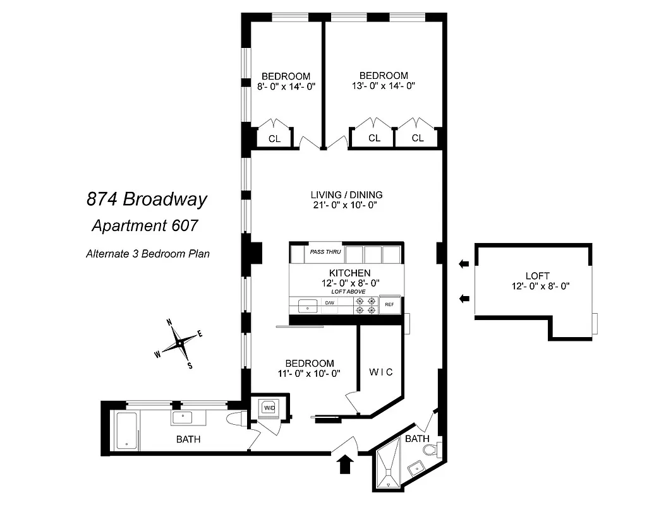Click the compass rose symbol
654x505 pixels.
[179, 343]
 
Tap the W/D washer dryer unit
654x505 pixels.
[269, 407]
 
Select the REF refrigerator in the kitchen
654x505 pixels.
[389, 305]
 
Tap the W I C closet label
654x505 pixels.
[380, 372]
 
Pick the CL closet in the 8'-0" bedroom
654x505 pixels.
[274, 138]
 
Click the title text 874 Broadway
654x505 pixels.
[147, 200]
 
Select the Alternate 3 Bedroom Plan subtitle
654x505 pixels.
[148, 254]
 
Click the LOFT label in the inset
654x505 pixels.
[537, 276]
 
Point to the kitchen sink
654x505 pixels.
[308, 304]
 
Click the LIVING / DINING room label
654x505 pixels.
[346, 194]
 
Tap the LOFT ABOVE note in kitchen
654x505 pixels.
[347, 292]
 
